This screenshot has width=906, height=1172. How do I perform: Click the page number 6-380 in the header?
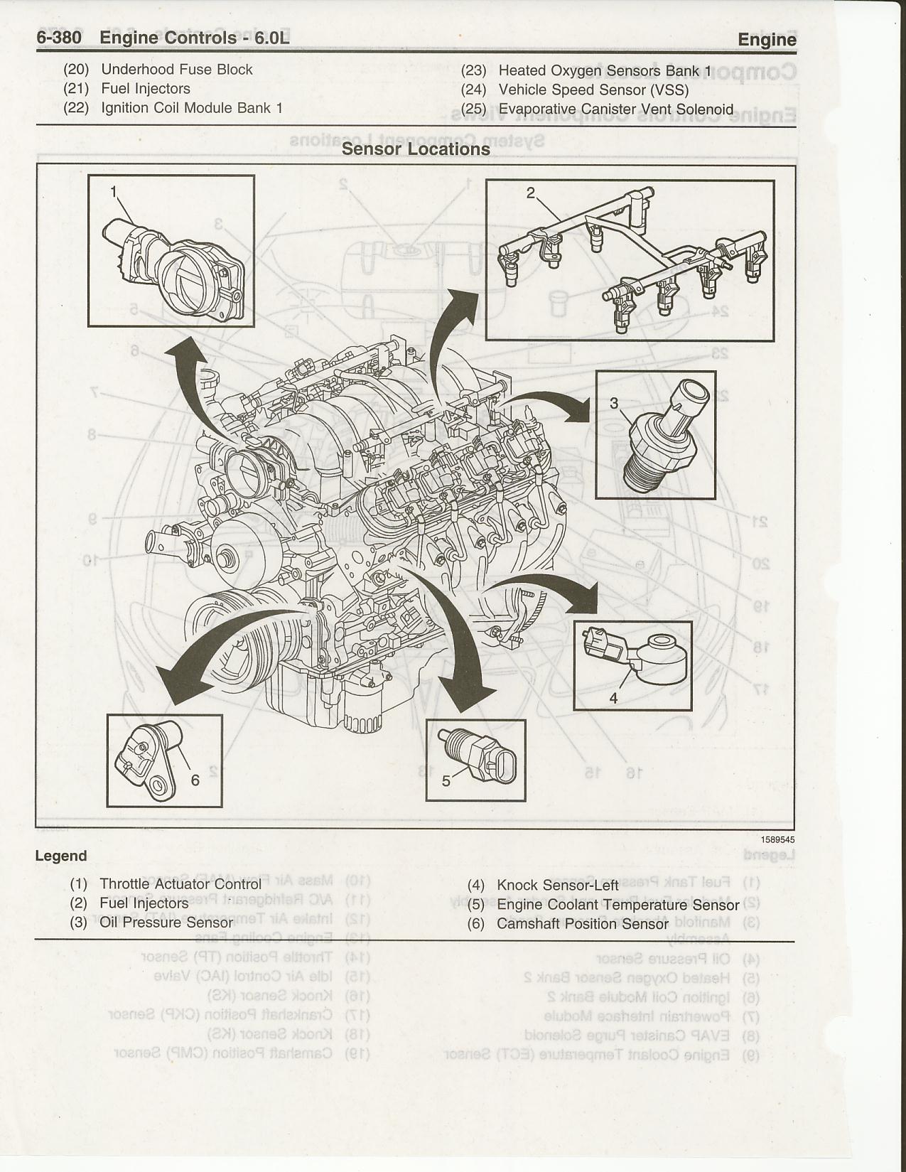point(60,38)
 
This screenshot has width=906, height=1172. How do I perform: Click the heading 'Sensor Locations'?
point(416,149)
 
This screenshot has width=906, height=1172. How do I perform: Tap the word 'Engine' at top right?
point(767,40)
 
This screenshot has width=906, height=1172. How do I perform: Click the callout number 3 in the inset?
point(614,404)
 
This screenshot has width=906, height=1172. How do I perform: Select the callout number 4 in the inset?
point(613,698)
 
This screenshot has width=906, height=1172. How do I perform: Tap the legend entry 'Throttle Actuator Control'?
point(180,884)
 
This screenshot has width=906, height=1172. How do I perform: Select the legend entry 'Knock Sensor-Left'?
point(558,886)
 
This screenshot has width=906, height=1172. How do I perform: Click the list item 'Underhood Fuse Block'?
point(177,70)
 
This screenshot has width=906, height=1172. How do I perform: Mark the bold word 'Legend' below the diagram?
point(61,856)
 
